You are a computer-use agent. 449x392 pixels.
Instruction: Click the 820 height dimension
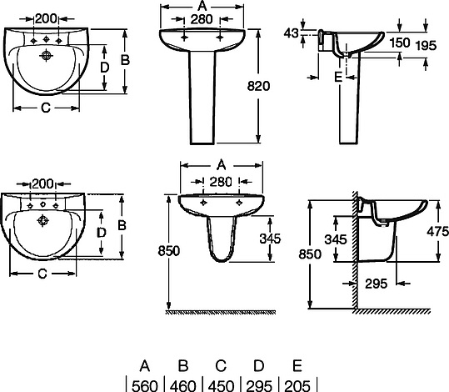258,86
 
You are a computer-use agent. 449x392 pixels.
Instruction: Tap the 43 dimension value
292,33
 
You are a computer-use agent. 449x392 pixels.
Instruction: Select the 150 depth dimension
400,43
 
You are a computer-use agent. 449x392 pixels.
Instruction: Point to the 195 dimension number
426,45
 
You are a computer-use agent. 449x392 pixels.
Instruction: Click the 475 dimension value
437,231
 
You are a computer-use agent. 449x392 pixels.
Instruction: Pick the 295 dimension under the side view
377,284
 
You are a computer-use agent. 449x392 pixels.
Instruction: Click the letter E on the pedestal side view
338,77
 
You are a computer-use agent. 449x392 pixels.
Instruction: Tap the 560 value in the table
145,385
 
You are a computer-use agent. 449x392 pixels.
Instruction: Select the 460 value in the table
183,385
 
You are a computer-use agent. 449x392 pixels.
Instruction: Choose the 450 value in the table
221,385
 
